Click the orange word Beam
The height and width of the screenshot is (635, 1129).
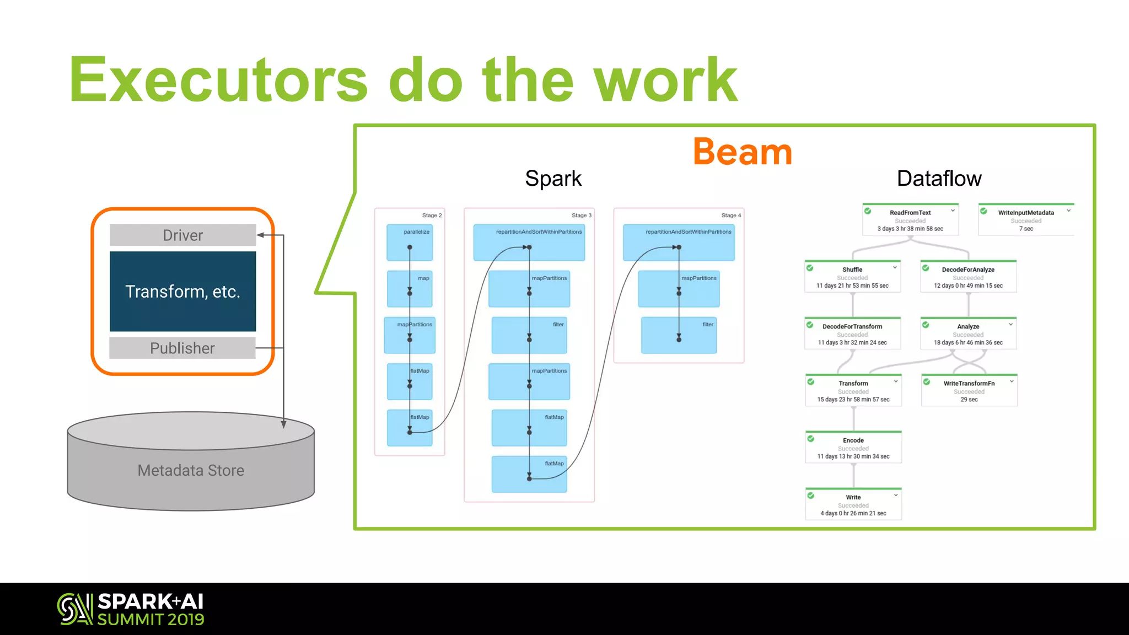pyautogui.click(x=742, y=152)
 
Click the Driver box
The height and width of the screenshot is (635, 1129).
pyautogui.click(x=182, y=235)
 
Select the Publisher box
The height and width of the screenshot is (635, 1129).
pyautogui.click(x=182, y=348)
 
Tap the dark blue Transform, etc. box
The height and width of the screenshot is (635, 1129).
pyautogui.click(x=182, y=292)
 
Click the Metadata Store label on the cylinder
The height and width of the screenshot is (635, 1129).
pyautogui.click(x=191, y=470)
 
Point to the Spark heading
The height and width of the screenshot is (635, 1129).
pyautogui.click(x=553, y=179)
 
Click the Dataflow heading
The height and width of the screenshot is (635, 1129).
pyautogui.click(x=939, y=179)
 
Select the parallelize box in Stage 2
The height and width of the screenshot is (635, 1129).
pyautogui.click(x=410, y=243)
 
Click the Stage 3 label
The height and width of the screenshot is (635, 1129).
pyautogui.click(x=581, y=216)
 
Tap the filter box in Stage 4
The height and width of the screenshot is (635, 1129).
pyautogui.click(x=679, y=335)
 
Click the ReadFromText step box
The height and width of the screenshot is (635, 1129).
pyautogui.click(x=910, y=220)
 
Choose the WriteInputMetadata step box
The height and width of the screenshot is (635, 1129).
pyautogui.click(x=1026, y=220)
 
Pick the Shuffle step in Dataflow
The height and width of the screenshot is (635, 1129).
pyautogui.click(x=852, y=277)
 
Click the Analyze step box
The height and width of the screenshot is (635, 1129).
pyautogui.click(x=968, y=333)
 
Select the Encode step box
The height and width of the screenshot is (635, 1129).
pyautogui.click(x=853, y=448)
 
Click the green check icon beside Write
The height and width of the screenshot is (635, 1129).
pyautogui.click(x=811, y=496)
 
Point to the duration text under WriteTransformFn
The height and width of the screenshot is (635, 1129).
pyautogui.click(x=969, y=400)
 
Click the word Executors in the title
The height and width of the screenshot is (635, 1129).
pyautogui.click(x=218, y=80)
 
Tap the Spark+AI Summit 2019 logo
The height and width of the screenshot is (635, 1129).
pyautogui.click(x=131, y=609)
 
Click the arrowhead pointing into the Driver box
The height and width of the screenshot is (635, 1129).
pyautogui.click(x=260, y=235)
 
